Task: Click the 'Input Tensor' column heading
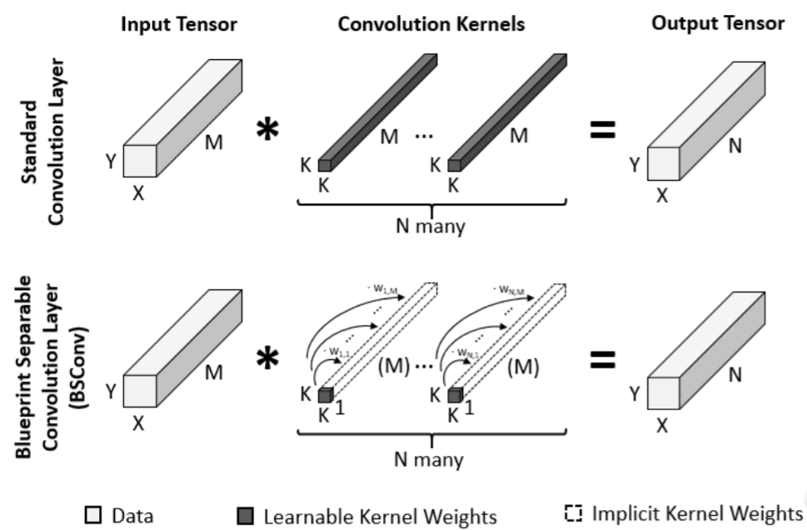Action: pyautogui.click(x=178, y=24)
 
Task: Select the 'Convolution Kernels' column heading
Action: pyautogui.click(x=431, y=24)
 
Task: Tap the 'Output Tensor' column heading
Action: pyautogui.click(x=718, y=23)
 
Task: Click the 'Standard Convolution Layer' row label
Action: pyautogui.click(x=43, y=142)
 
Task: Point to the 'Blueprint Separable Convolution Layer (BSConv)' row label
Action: pyautogui.click(x=52, y=367)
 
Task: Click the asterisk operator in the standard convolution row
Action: pyautogui.click(x=267, y=129)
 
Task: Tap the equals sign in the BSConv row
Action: pyautogui.click(x=603, y=359)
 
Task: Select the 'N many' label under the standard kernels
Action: pyautogui.click(x=431, y=226)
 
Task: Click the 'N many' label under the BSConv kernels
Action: pyautogui.click(x=429, y=459)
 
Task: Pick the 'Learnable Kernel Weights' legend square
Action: pyautogui.click(x=246, y=516)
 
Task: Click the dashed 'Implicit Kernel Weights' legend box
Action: pyautogui.click(x=573, y=513)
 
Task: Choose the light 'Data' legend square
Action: pyautogui.click(x=93, y=515)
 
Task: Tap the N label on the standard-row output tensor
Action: pyautogui.click(x=735, y=147)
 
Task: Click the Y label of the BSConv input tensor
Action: pyautogui.click(x=111, y=392)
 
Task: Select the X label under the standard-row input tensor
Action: pyautogui.click(x=138, y=193)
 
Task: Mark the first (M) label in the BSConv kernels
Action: pyautogui.click(x=394, y=367)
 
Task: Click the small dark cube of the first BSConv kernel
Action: pyautogui.click(x=326, y=395)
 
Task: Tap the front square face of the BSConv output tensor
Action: pyautogui.click(x=664, y=393)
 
